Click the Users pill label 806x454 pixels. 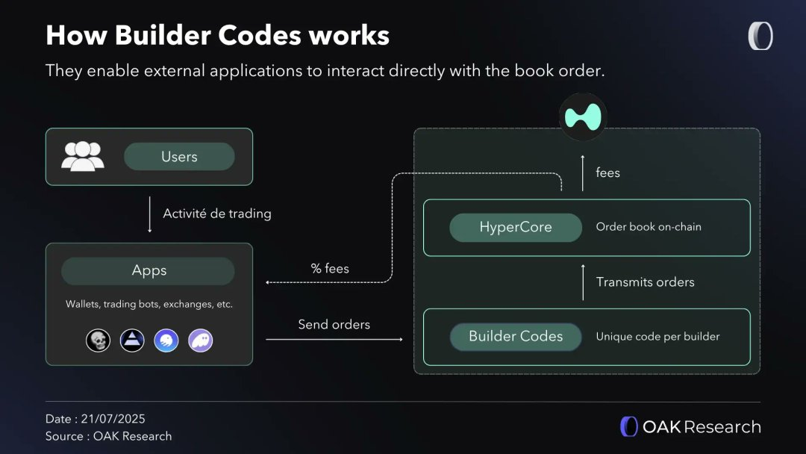click(179, 157)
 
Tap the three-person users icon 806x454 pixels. click(83, 156)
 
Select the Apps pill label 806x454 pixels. click(149, 271)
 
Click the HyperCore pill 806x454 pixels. click(515, 228)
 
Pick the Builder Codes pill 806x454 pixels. click(516, 337)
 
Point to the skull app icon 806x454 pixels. click(98, 341)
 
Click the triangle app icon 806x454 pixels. click(132, 341)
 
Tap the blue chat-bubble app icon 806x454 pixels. click(166, 341)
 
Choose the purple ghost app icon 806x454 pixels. click(201, 341)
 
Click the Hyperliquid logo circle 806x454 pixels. click(583, 117)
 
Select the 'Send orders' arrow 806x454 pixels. click(334, 340)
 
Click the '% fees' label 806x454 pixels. click(330, 268)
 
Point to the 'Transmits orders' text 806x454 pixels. click(645, 282)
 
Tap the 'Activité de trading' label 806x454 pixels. click(217, 214)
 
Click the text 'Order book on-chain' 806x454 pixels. click(649, 227)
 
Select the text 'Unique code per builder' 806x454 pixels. click(657, 337)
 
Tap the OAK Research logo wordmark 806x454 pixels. click(691, 427)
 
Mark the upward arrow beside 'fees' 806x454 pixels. click(583, 172)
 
